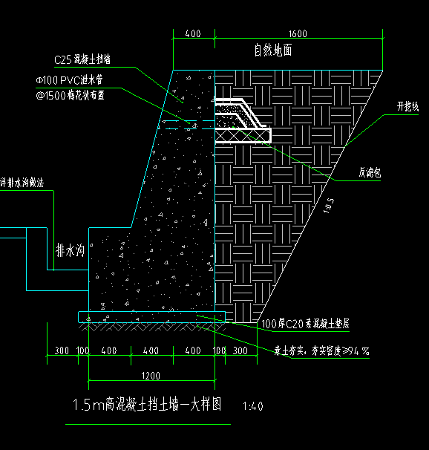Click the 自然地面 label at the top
coord(272,50)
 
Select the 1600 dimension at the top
coord(298,34)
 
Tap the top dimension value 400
coord(193,34)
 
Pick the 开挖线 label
coord(407,107)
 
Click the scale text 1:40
coord(253,407)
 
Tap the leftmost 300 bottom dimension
coord(62,350)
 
